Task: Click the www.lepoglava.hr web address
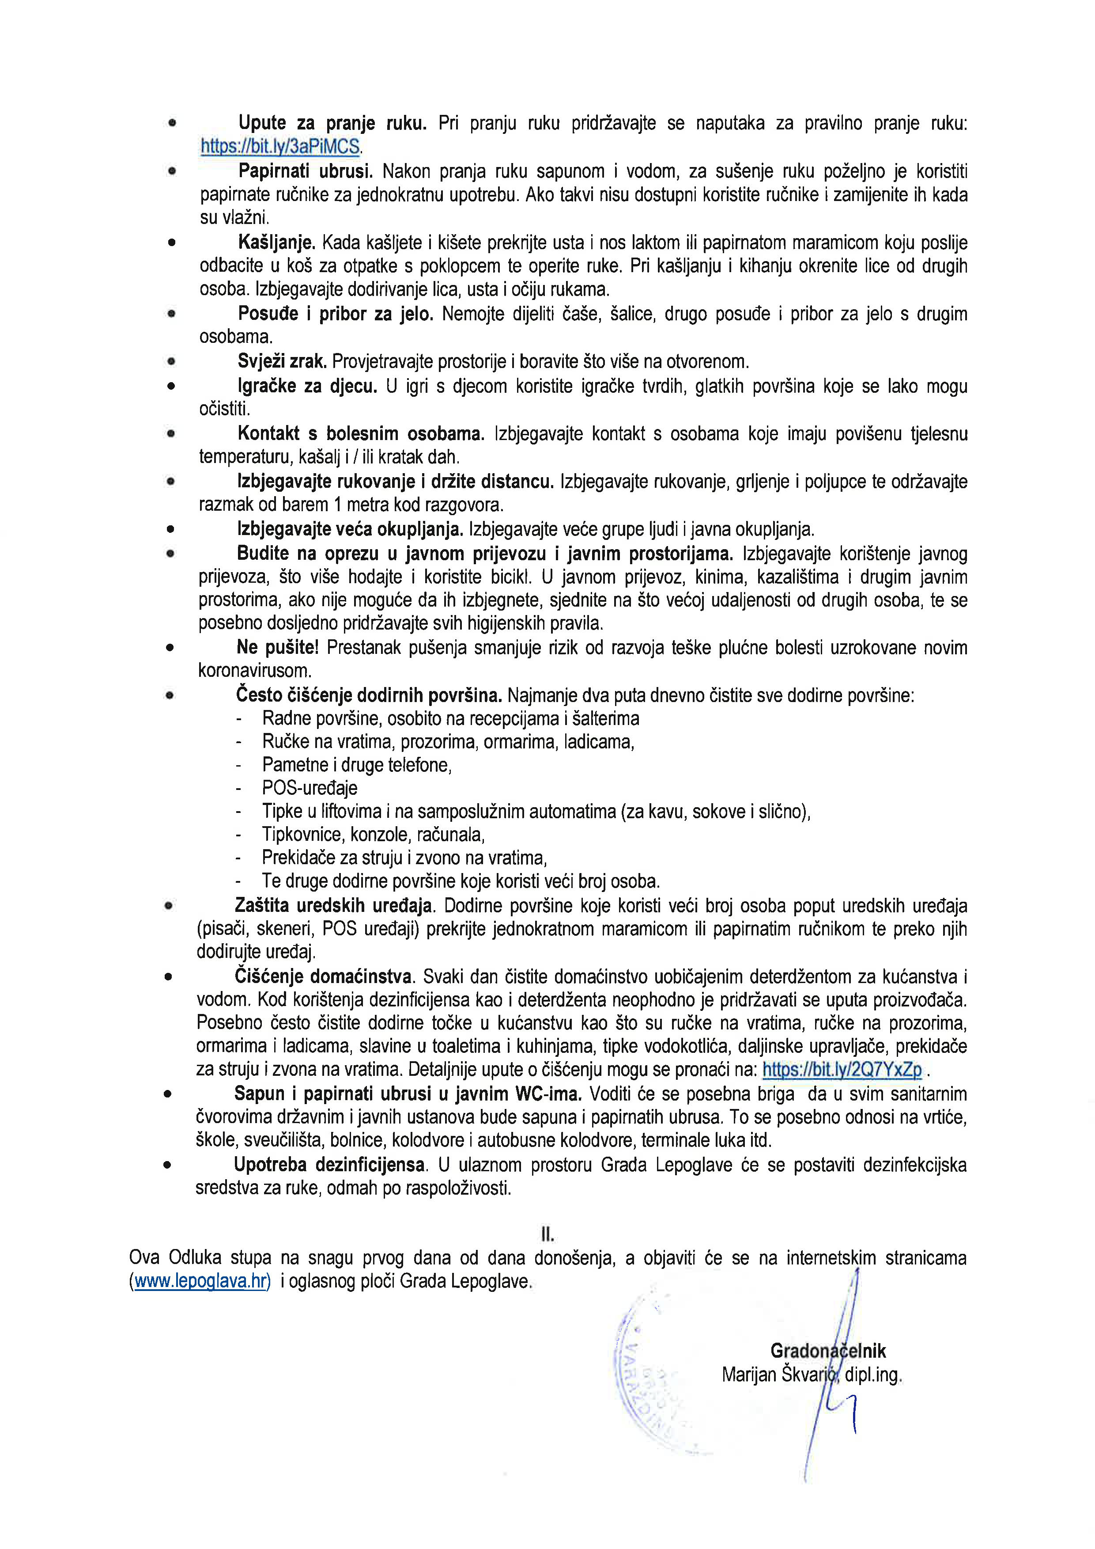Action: pos(202,1281)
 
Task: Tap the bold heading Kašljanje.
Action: pos(276,242)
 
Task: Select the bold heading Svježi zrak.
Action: pos(282,361)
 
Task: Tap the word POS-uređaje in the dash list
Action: pos(310,788)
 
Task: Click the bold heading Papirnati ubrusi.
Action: pos(306,171)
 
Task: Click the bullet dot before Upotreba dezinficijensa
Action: pos(166,1165)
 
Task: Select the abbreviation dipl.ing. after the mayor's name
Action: pos(873,1374)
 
